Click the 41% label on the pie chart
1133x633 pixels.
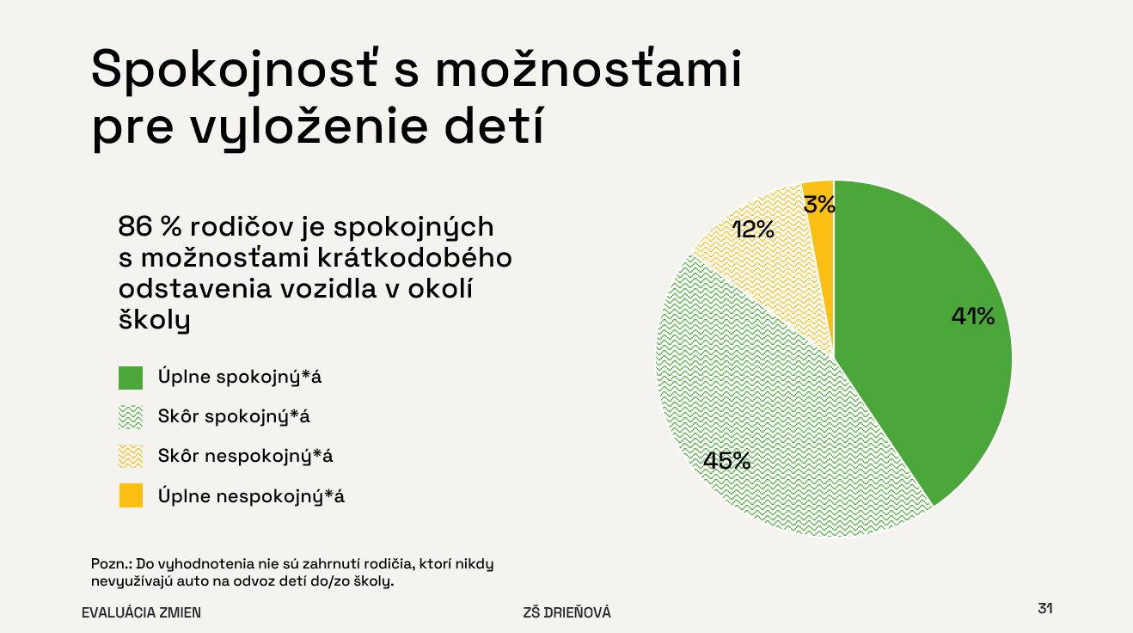pos(972,316)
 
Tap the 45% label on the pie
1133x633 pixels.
pos(727,460)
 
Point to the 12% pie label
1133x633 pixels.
pos(753,230)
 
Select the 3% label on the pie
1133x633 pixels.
pos(819,205)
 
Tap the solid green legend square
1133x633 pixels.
pos(131,378)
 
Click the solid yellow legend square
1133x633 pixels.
pos(131,495)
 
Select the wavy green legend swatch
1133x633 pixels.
pos(131,417)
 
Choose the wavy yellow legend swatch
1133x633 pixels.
pos(131,456)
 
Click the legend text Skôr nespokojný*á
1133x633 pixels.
pos(245,457)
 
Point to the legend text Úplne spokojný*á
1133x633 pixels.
pos(239,377)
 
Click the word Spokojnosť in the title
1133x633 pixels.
pos(234,71)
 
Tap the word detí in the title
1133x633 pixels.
pos(494,126)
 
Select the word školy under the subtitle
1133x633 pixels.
pos(154,320)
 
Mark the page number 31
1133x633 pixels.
pos(1045,608)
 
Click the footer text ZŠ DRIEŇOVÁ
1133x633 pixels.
pos(567,612)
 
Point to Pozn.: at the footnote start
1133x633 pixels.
pos(111,563)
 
